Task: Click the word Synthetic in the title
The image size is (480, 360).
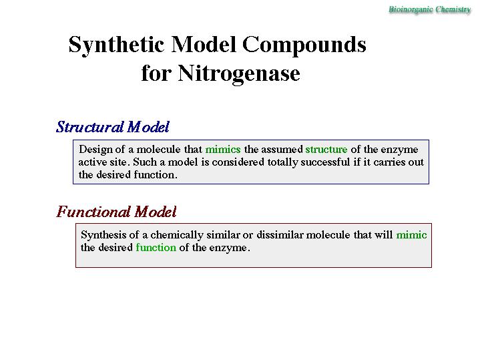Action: [x=116, y=45]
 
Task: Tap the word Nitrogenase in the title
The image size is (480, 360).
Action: [x=239, y=74]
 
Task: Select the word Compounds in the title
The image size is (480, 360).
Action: [x=304, y=45]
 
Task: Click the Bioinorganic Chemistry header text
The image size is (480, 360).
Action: [x=429, y=9]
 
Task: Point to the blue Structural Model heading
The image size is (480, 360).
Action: [x=113, y=127]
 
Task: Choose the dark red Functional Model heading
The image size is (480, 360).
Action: [x=116, y=212]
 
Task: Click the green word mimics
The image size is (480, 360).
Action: [x=223, y=149]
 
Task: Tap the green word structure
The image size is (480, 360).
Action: [x=326, y=149]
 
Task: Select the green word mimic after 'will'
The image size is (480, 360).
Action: [x=411, y=234]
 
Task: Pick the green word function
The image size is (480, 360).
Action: [x=156, y=248]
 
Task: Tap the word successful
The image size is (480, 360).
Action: [x=325, y=162]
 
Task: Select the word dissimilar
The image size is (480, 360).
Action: [x=280, y=234]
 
